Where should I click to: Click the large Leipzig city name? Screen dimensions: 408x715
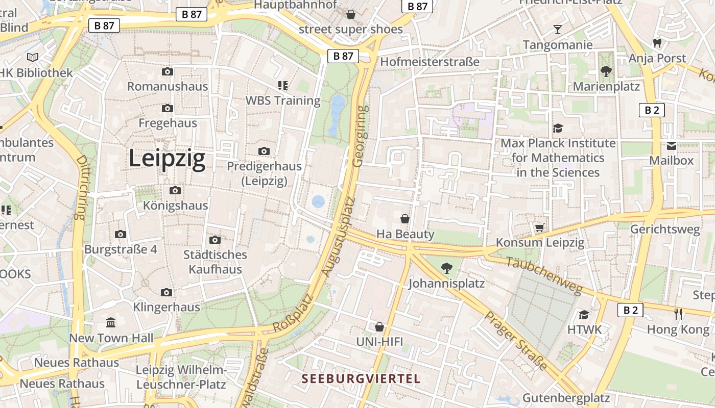coord(166,159)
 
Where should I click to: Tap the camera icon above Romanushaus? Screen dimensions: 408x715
coord(167,72)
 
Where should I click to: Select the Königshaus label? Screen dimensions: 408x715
coord(175,206)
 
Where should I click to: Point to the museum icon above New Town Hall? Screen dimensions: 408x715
coord(111,322)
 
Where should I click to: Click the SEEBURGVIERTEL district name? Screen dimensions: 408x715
coord(361,379)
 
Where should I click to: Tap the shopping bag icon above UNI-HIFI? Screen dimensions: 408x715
coord(379,326)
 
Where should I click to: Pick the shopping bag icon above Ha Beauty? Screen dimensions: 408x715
coord(405,219)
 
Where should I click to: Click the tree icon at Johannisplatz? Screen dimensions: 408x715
coord(446,268)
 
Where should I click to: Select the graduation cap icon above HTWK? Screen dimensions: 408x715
coord(584,315)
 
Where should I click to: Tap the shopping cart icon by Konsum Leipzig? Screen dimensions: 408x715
coord(539,227)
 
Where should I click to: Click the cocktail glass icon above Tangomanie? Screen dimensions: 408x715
coord(557,29)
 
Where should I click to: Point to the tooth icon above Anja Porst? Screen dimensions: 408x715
coord(657,43)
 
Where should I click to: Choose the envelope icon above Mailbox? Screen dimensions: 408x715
coord(671,146)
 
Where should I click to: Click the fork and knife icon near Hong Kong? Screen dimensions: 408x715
coord(678,314)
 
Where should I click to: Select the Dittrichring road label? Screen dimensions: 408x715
coord(81,187)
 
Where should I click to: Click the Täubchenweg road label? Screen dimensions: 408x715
coord(544,275)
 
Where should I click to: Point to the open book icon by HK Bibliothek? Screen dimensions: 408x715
coord(33,58)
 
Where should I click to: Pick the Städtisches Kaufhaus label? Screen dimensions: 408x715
coord(215,262)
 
